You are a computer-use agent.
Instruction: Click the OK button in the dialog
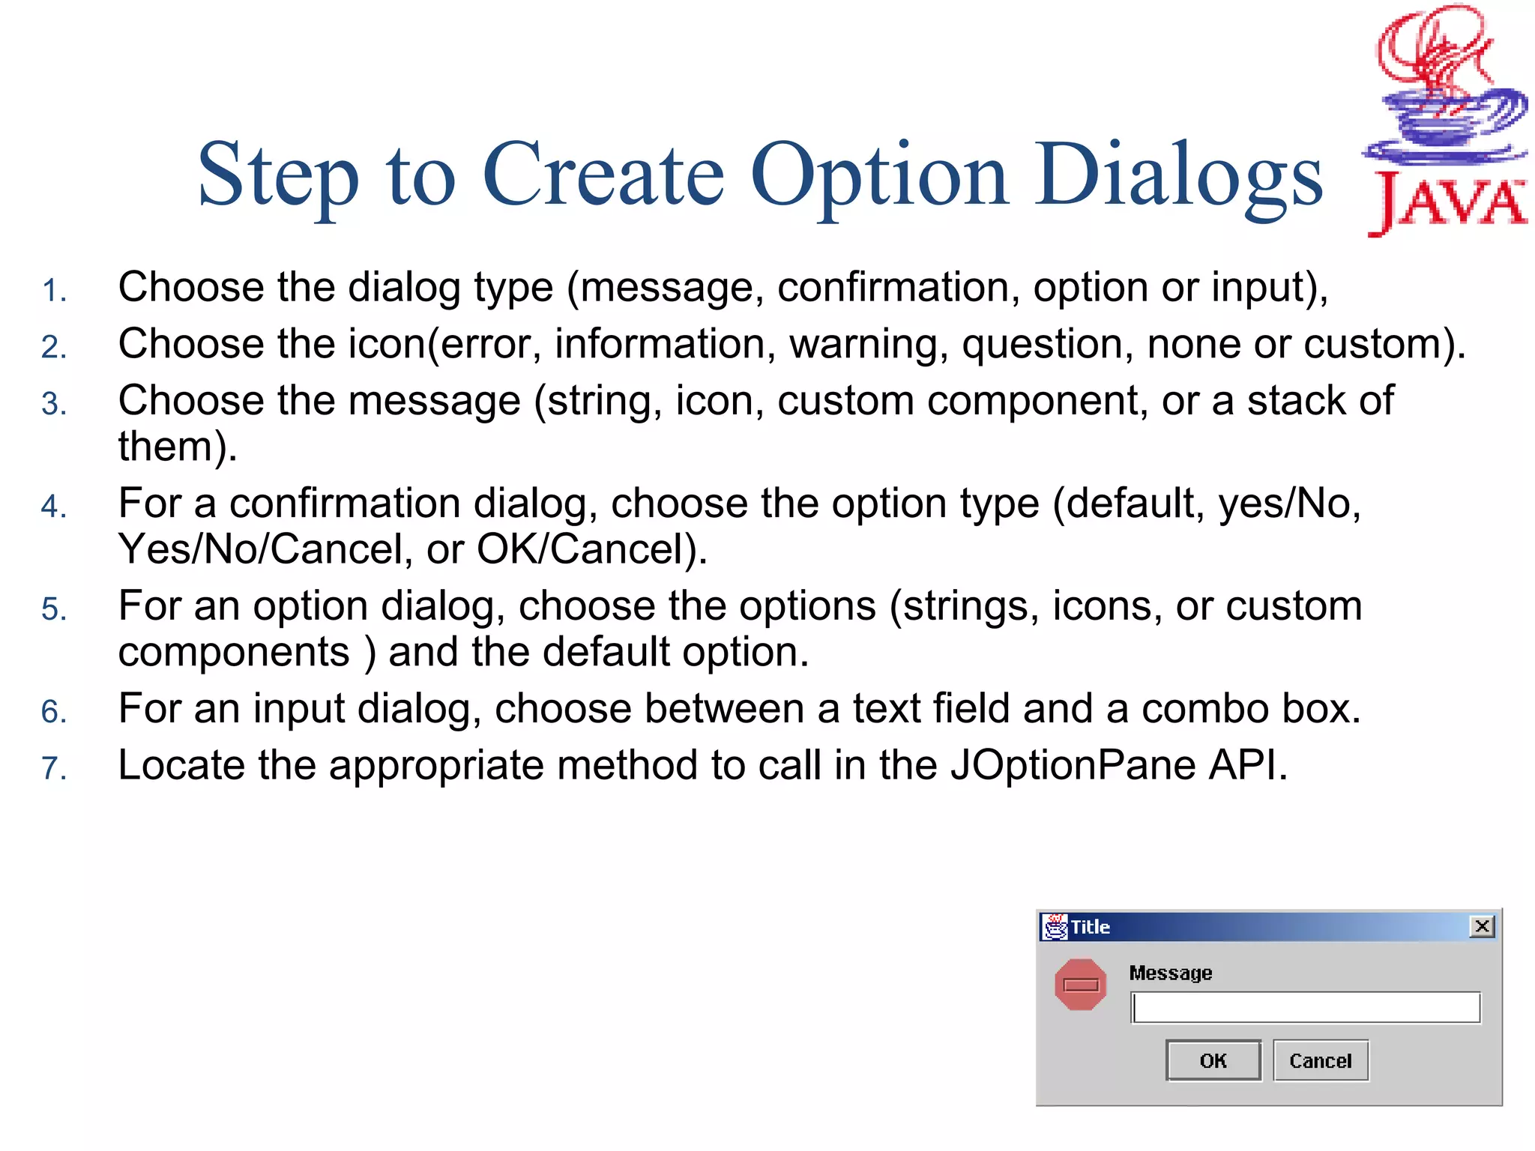[1213, 1060]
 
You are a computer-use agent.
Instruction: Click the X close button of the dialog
[1482, 926]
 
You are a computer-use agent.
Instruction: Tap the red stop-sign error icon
[1080, 985]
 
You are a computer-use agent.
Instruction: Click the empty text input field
[1305, 1008]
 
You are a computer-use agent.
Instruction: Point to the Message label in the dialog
[1170, 973]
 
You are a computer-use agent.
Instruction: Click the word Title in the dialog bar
[1090, 927]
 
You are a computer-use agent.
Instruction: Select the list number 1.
[54, 291]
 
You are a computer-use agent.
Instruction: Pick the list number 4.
[54, 507]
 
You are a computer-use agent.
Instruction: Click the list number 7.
[54, 768]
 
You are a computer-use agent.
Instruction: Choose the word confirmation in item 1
[898, 288]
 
